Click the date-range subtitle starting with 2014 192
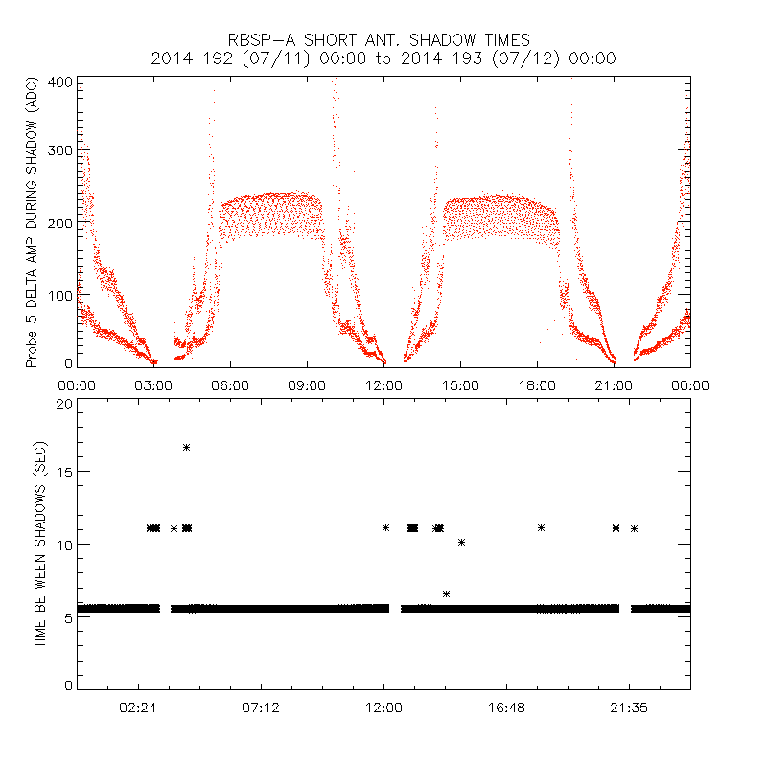point(383,58)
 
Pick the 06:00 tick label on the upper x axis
point(230,385)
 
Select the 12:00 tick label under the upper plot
point(383,385)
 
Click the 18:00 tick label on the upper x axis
point(537,385)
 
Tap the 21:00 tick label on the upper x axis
point(614,385)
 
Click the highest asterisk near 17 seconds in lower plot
point(187,447)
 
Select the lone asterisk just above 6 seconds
point(446,594)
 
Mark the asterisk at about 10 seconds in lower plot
point(461,543)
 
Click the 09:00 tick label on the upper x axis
point(307,385)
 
